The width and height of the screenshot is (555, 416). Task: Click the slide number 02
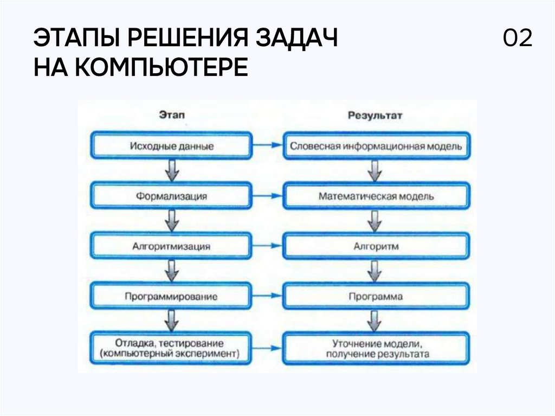(x=517, y=40)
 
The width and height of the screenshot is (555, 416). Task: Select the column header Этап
(x=172, y=116)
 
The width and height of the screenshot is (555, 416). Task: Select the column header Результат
(x=375, y=116)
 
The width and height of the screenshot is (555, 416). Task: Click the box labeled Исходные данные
(x=172, y=146)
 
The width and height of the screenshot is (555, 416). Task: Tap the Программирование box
(x=172, y=297)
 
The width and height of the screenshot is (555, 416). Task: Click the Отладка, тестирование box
(x=172, y=348)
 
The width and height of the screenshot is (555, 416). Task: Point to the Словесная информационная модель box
(x=375, y=146)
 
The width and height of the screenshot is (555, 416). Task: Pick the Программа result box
(x=375, y=297)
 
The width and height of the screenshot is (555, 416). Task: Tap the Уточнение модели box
(x=375, y=348)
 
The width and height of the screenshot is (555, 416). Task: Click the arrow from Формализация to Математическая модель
(x=267, y=196)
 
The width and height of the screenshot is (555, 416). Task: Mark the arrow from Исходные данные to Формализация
(x=172, y=171)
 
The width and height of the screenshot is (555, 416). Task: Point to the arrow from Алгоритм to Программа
(x=373, y=271)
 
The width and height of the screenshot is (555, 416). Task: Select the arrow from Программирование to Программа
(x=267, y=297)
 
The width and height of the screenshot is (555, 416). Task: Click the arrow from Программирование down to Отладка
(x=172, y=321)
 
